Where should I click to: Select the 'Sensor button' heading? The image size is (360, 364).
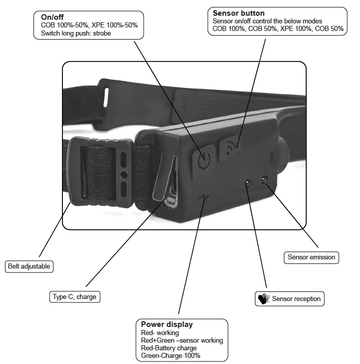239,13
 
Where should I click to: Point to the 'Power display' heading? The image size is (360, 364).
167,324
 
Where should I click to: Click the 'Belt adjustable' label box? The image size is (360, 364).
30,266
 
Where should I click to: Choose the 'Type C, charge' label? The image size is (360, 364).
74,296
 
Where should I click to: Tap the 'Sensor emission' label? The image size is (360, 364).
311,257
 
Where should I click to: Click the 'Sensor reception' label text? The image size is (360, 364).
296,299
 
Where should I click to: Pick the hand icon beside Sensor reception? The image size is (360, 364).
263,299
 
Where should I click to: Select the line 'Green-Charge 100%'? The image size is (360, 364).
171,355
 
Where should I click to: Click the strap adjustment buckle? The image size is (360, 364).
101,173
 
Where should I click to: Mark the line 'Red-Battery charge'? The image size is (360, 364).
169,348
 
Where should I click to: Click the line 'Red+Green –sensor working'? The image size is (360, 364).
182,340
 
